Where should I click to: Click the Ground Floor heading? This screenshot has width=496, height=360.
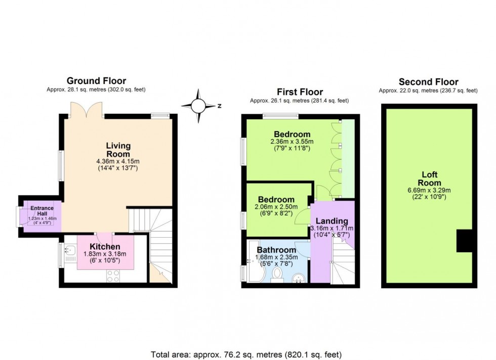point(97,81)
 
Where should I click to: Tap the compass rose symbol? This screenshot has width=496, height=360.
point(199,106)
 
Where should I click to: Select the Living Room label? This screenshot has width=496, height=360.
point(118,150)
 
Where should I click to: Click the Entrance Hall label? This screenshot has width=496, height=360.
point(38,210)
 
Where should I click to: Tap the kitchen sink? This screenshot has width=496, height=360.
point(68,249)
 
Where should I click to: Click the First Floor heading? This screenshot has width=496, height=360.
point(300,92)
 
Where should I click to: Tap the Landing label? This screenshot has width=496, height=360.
point(332,221)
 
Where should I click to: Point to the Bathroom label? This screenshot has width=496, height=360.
point(276,250)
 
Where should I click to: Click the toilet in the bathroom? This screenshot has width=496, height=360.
point(277,275)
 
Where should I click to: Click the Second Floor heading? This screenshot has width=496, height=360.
point(428,81)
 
